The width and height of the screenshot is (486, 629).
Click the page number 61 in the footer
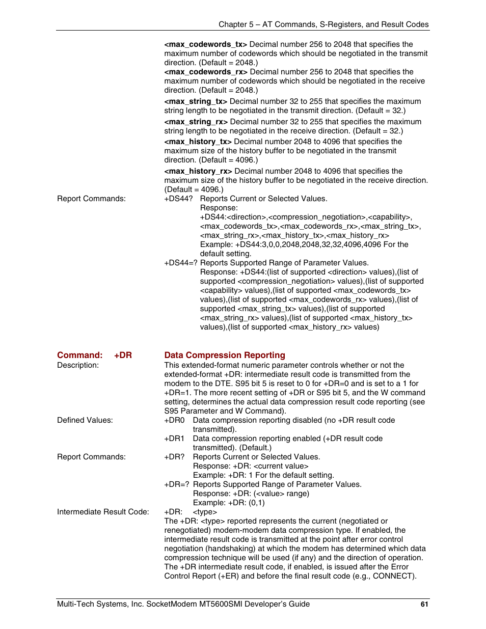click(424, 604)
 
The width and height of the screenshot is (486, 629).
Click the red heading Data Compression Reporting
click(225, 355)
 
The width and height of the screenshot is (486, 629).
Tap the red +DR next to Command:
click(123, 355)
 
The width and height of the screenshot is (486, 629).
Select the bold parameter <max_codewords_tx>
click(205, 44)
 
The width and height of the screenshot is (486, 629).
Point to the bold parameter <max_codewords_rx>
click(206, 72)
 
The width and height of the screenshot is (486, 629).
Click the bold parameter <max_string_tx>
click(196, 101)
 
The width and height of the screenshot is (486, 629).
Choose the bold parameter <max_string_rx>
click(196, 122)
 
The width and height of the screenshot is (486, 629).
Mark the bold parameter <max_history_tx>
click(198, 142)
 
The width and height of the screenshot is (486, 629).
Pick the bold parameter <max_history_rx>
click(198, 171)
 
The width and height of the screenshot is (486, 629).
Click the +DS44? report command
click(178, 199)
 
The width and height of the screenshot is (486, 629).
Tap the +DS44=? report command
click(180, 263)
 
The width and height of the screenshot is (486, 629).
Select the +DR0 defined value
click(174, 420)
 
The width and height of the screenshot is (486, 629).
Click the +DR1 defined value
click(174, 439)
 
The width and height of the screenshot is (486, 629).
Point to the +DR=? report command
click(176, 484)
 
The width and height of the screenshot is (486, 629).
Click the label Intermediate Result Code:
click(103, 512)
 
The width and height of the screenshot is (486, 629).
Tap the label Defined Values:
click(85, 420)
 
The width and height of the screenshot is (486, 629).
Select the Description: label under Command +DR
click(78, 365)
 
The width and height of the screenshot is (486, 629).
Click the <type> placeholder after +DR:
click(205, 512)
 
